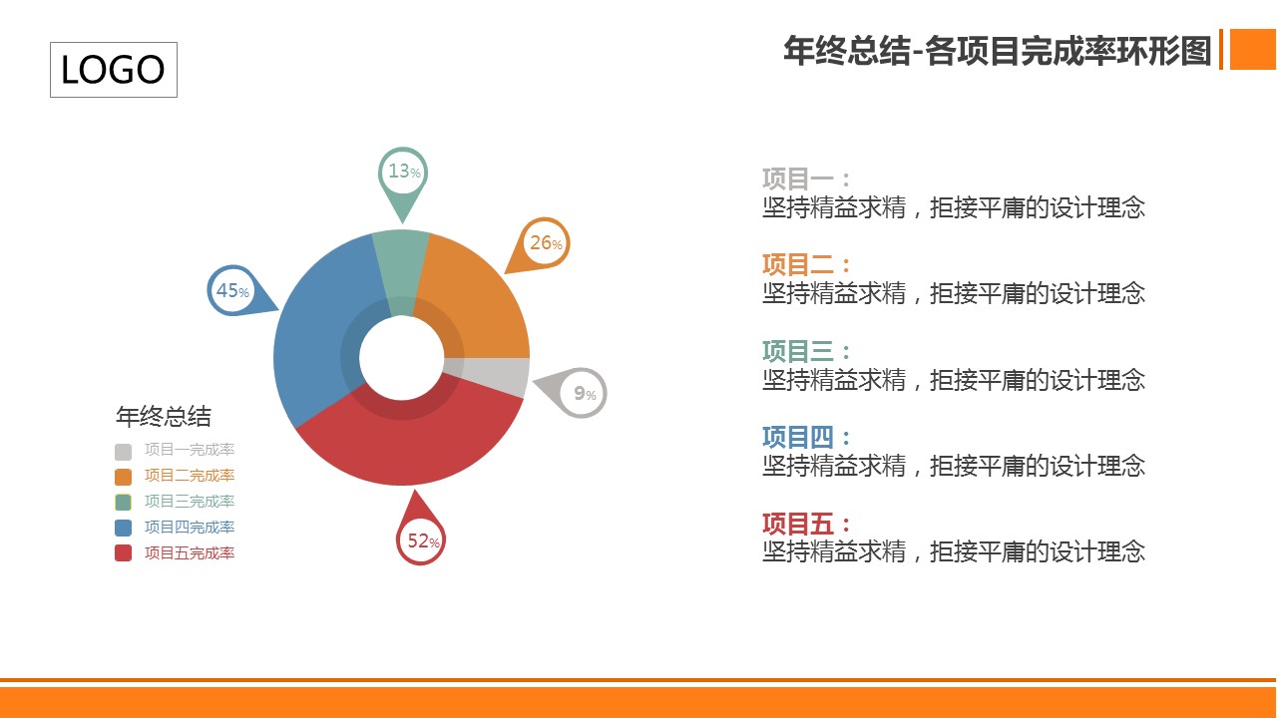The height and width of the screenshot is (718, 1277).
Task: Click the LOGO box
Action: tap(114, 70)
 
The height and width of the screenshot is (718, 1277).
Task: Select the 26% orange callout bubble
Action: tap(542, 244)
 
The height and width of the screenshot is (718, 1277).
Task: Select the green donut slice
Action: tap(401, 268)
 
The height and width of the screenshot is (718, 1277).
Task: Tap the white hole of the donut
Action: tap(401, 358)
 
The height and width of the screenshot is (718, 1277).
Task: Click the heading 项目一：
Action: tap(806, 179)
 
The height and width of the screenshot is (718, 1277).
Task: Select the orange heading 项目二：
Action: tap(806, 264)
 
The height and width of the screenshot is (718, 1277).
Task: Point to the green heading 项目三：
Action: tap(806, 351)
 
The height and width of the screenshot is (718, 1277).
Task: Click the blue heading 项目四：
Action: tap(806, 437)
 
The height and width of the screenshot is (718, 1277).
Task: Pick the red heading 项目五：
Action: tap(806, 524)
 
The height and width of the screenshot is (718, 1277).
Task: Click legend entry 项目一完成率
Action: tap(190, 450)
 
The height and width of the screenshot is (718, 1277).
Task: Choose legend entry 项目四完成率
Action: tap(190, 528)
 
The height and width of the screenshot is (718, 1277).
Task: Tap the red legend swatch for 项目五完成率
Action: tap(123, 553)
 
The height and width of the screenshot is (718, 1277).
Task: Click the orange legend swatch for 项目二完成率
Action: tap(123, 477)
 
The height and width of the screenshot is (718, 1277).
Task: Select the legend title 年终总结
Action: tap(164, 417)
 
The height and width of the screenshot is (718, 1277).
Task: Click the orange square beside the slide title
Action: tap(1253, 50)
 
